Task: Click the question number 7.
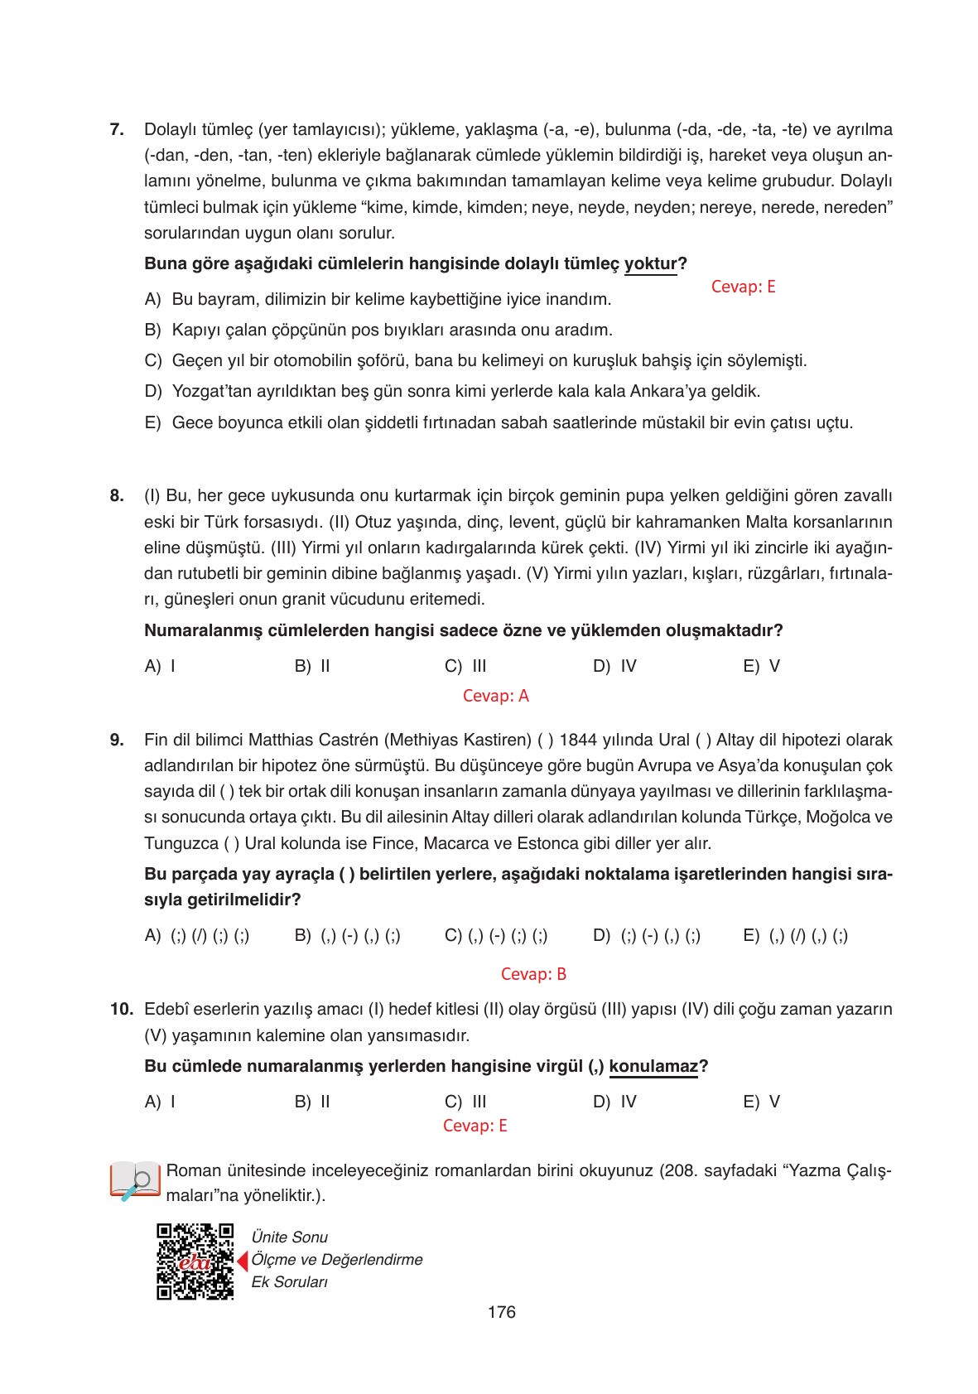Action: (117, 130)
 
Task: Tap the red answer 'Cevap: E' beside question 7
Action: (743, 287)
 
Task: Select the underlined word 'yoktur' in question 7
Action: (651, 264)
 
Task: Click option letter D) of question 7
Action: (152, 391)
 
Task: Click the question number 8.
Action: (117, 496)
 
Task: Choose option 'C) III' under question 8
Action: (465, 666)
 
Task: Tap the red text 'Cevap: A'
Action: (495, 696)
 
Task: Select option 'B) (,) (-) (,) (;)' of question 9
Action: (348, 936)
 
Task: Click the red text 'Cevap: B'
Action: (534, 974)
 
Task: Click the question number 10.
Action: (121, 1010)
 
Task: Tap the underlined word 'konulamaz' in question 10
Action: (653, 1066)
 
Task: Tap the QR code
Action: (195, 1261)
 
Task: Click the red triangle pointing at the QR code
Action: (243, 1261)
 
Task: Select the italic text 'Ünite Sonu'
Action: (289, 1237)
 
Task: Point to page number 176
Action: (502, 1312)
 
